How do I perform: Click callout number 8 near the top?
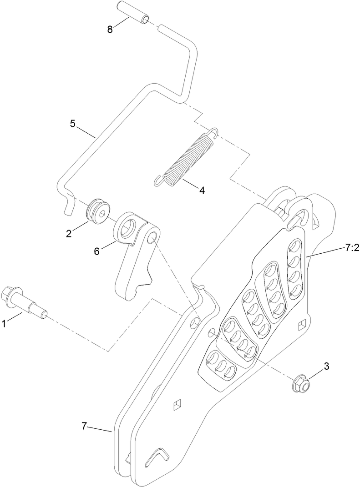click(x=110, y=29)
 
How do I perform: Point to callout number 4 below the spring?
click(x=201, y=190)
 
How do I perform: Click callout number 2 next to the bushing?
click(x=69, y=234)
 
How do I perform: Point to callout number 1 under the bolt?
click(x=4, y=324)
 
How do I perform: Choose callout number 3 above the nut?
click(x=326, y=366)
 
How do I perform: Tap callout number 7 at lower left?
click(x=85, y=426)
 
